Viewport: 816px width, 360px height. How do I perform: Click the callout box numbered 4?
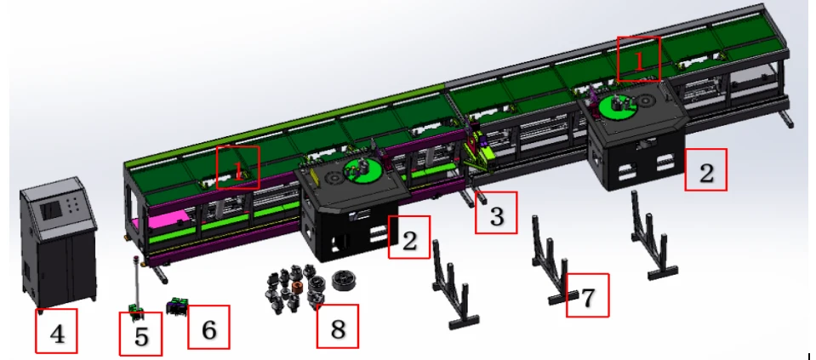[x=56, y=331]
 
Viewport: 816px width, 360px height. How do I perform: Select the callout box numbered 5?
[x=140, y=334]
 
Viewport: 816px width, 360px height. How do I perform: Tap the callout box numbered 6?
[x=208, y=327]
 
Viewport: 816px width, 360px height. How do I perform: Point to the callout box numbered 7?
[x=588, y=295]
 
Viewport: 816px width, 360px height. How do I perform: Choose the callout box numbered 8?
[x=338, y=326]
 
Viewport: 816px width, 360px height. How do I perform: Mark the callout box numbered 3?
[x=496, y=213]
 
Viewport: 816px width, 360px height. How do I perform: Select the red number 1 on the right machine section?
[x=639, y=60]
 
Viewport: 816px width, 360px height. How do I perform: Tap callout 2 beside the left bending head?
[x=409, y=237]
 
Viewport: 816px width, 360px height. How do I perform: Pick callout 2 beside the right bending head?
[x=705, y=169]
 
